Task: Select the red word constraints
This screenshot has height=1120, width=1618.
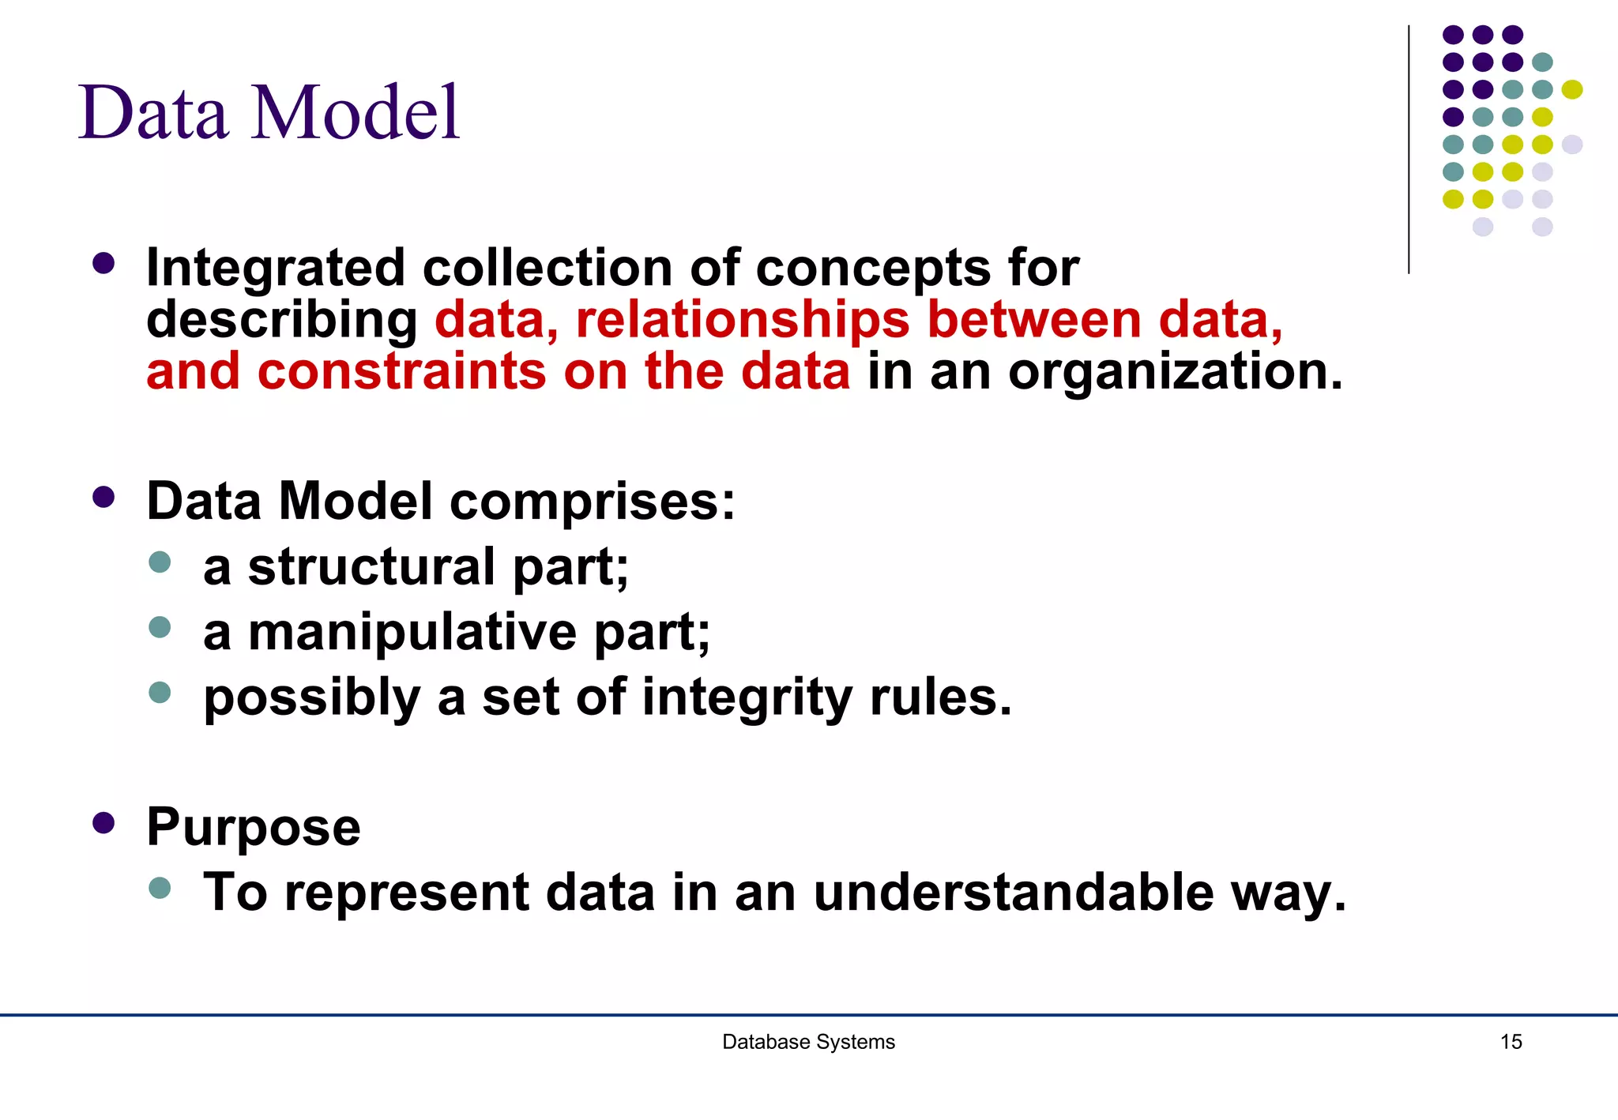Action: tap(401, 371)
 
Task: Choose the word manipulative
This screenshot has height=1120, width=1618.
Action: tap(412, 633)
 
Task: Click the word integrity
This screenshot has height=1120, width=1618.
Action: tap(747, 699)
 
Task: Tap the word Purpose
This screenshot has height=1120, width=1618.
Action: tap(253, 827)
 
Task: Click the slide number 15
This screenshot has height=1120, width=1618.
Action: tap(1511, 1042)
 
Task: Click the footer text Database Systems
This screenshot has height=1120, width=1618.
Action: tap(808, 1042)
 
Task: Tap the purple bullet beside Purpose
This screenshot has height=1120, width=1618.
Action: tap(103, 823)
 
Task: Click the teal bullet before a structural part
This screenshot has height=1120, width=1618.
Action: tap(160, 562)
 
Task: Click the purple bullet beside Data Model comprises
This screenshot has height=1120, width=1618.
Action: tap(103, 498)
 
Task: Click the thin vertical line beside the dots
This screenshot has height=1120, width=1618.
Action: tap(1409, 150)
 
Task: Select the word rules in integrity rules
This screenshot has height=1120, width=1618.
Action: tap(939, 698)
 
